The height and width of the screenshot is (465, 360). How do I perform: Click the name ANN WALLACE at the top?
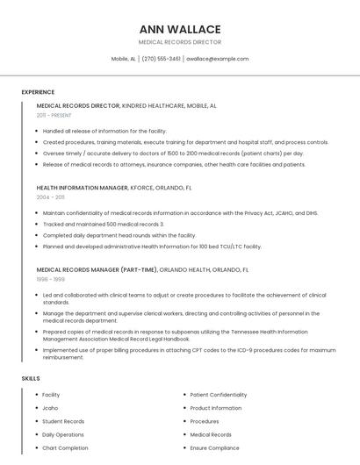tap(180, 29)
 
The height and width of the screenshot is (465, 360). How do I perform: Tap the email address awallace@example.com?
tap(219, 59)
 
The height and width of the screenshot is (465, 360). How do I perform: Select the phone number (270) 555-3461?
tap(161, 59)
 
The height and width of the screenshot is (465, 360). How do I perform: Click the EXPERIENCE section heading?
tap(38, 92)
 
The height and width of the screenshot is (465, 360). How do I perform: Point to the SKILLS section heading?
tap(31, 378)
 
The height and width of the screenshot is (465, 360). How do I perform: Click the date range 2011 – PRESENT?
tap(54, 115)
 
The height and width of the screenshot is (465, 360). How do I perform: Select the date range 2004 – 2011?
tap(50, 197)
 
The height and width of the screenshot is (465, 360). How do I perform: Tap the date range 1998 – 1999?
tap(50, 279)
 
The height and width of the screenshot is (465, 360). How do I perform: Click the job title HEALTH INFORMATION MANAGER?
tap(83, 188)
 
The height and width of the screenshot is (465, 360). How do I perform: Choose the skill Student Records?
tap(63, 421)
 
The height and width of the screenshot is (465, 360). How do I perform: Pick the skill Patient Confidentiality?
tap(219, 395)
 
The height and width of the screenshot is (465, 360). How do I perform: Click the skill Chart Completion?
tap(65, 447)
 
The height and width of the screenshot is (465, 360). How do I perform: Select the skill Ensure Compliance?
tap(214, 447)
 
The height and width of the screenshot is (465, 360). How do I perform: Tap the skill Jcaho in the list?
tap(50, 408)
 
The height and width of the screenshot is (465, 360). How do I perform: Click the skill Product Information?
tap(216, 408)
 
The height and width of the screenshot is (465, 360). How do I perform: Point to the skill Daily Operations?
tap(63, 434)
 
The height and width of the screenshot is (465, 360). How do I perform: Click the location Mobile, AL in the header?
tap(123, 59)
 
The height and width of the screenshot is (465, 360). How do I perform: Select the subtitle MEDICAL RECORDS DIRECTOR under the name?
tap(180, 42)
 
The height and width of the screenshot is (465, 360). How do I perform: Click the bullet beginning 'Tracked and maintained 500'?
tap(103, 224)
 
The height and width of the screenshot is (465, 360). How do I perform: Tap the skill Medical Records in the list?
tap(211, 434)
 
